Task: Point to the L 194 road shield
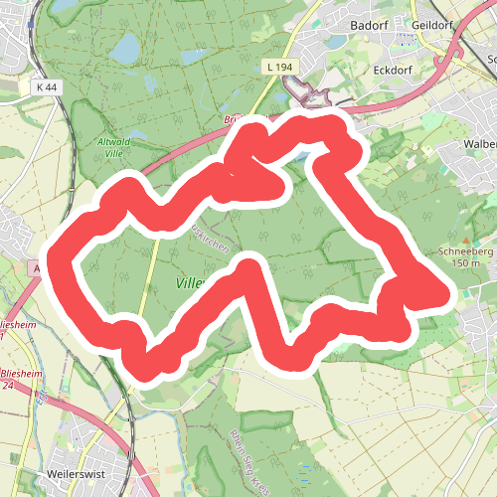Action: (x=279, y=66)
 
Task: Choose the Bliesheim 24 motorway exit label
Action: (x=21, y=379)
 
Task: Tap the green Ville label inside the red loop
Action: (x=188, y=283)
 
